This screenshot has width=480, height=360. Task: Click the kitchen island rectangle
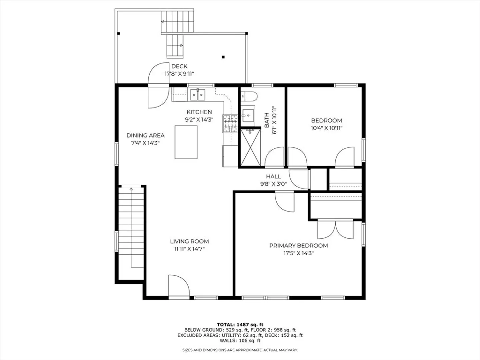click(186, 142)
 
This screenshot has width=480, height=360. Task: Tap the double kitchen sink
click(198, 95)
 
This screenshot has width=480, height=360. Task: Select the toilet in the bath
click(249, 96)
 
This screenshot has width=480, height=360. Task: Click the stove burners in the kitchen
click(230, 123)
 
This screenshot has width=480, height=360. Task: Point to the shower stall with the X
click(251, 148)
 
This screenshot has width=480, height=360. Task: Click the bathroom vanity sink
click(248, 115)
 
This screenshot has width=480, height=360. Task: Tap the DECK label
click(179, 66)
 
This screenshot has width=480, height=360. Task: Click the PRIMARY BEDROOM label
click(298, 246)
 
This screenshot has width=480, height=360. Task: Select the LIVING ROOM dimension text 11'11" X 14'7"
click(189, 249)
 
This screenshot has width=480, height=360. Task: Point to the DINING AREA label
click(145, 136)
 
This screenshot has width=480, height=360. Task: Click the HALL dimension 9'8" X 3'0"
click(273, 184)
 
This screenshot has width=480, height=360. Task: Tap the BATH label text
click(267, 120)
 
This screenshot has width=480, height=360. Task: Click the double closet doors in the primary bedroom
click(335, 229)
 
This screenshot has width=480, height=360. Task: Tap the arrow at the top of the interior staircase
click(131, 189)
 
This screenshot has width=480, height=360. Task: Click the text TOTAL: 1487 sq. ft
click(240, 325)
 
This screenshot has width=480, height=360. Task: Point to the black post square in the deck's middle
click(223, 57)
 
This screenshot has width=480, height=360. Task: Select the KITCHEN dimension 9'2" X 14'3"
click(199, 120)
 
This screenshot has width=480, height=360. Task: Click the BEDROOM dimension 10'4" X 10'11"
click(326, 128)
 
